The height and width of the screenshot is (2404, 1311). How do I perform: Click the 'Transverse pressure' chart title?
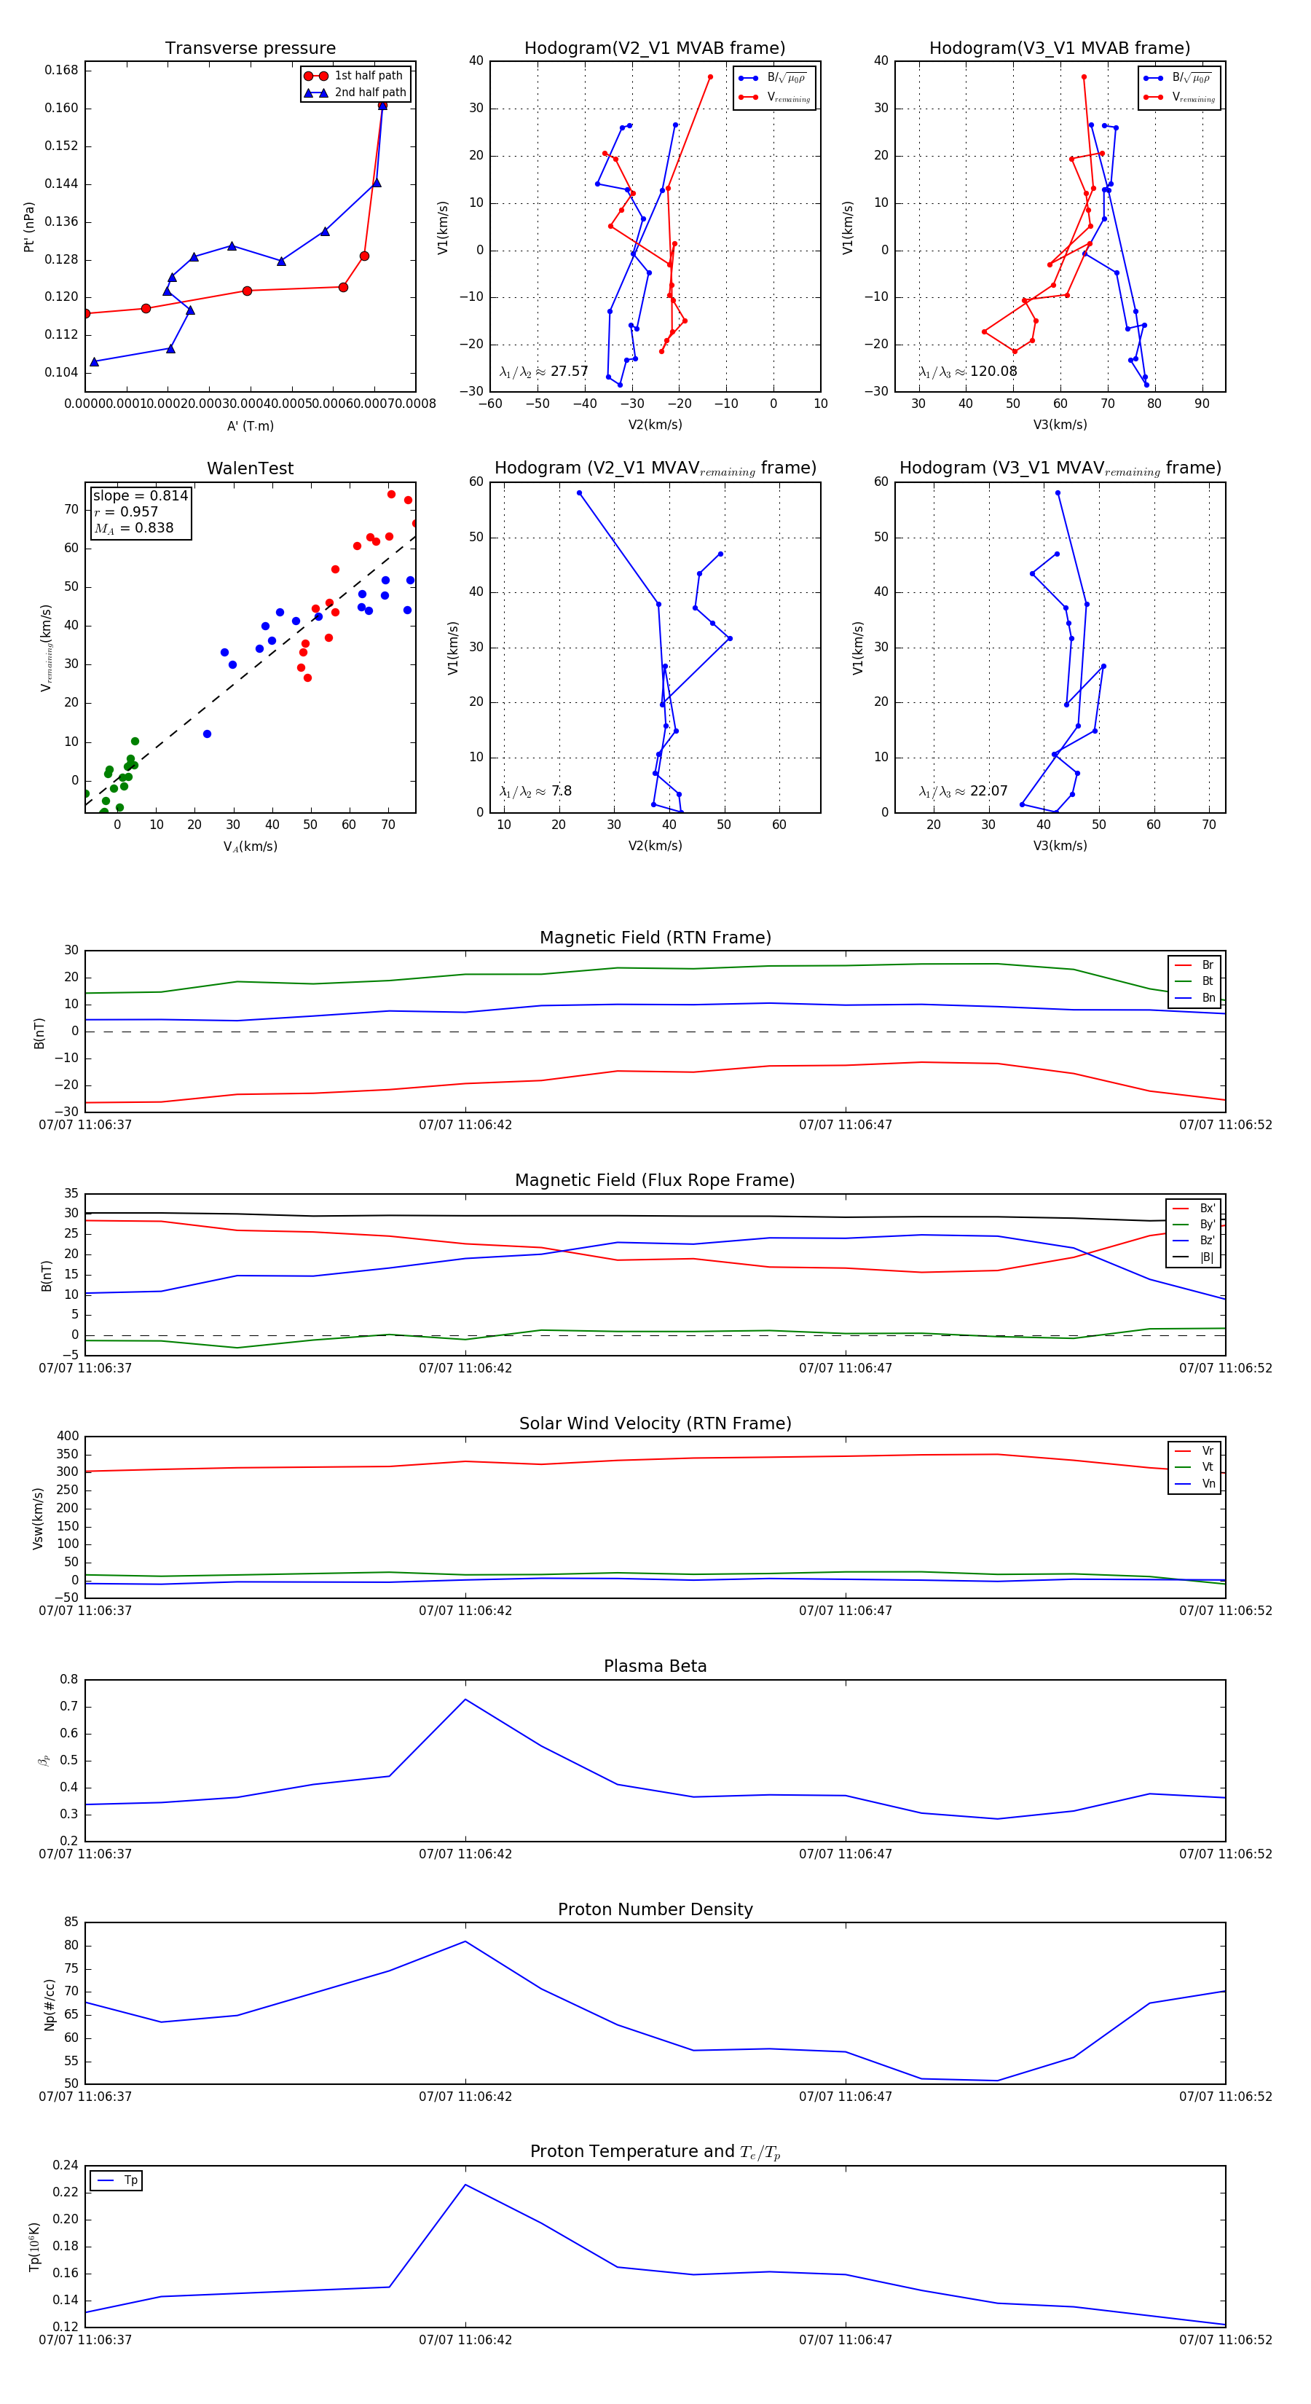250,49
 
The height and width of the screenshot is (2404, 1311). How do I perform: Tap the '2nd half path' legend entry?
369,93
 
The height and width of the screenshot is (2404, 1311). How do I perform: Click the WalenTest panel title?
250,468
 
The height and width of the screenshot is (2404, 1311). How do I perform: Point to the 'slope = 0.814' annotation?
140,495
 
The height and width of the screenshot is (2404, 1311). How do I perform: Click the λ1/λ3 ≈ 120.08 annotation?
968,372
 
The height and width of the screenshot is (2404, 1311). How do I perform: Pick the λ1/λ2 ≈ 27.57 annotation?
544,372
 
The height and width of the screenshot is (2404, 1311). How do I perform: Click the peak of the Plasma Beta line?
465,1699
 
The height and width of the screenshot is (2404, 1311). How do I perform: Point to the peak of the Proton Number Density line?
465,1941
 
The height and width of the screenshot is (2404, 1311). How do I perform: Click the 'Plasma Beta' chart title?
655,1667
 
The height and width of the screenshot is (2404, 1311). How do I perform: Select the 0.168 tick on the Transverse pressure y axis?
62,70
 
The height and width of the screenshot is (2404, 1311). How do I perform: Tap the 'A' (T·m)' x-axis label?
250,425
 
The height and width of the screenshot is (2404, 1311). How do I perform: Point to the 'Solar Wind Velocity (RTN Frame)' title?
655,1423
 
